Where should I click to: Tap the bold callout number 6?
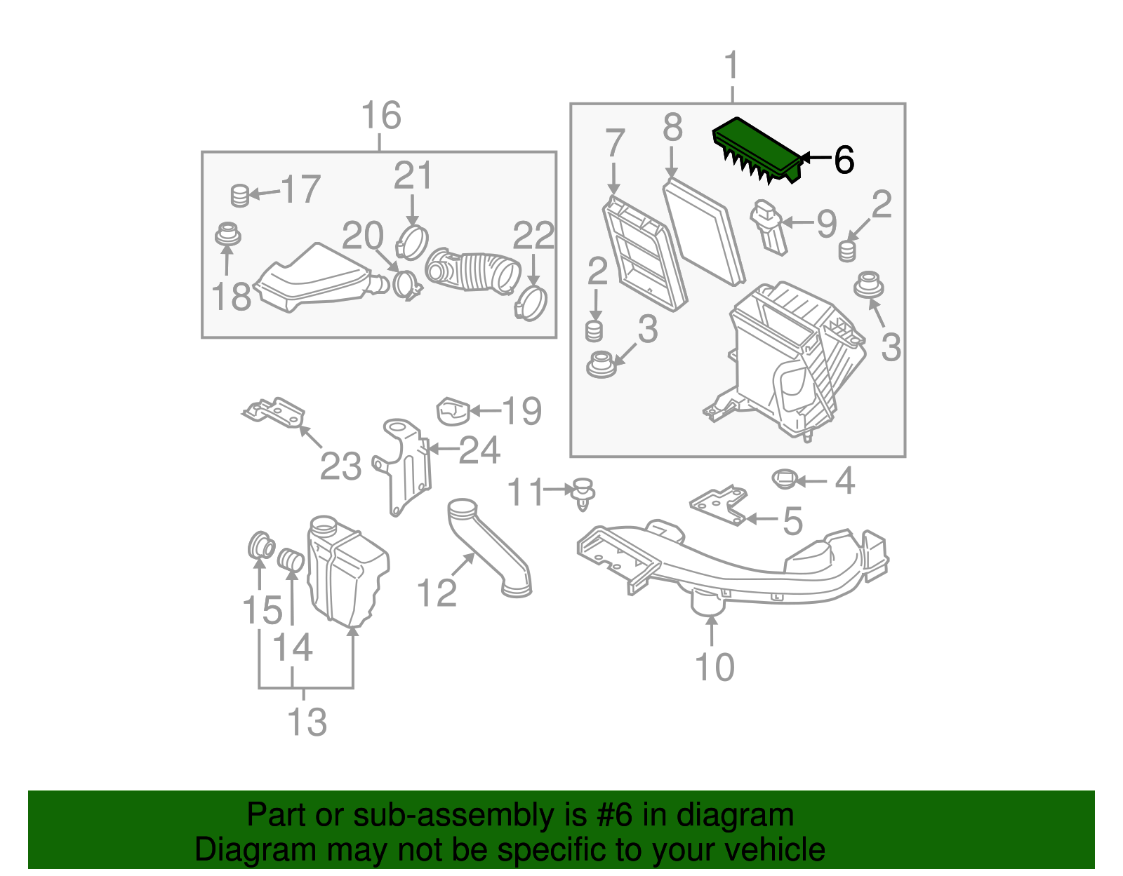[x=844, y=160]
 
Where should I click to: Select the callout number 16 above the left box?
[x=381, y=116]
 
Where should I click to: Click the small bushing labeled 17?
[x=240, y=195]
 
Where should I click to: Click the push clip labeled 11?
[x=583, y=492]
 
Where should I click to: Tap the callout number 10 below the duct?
[x=715, y=667]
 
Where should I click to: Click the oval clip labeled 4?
[x=784, y=480]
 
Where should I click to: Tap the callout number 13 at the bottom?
[x=307, y=722]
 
